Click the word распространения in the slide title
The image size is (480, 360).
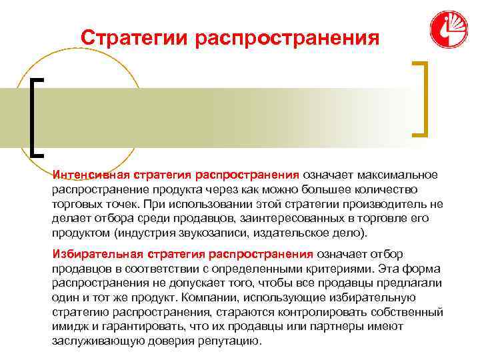(287, 37)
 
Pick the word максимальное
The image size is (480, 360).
(397, 175)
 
